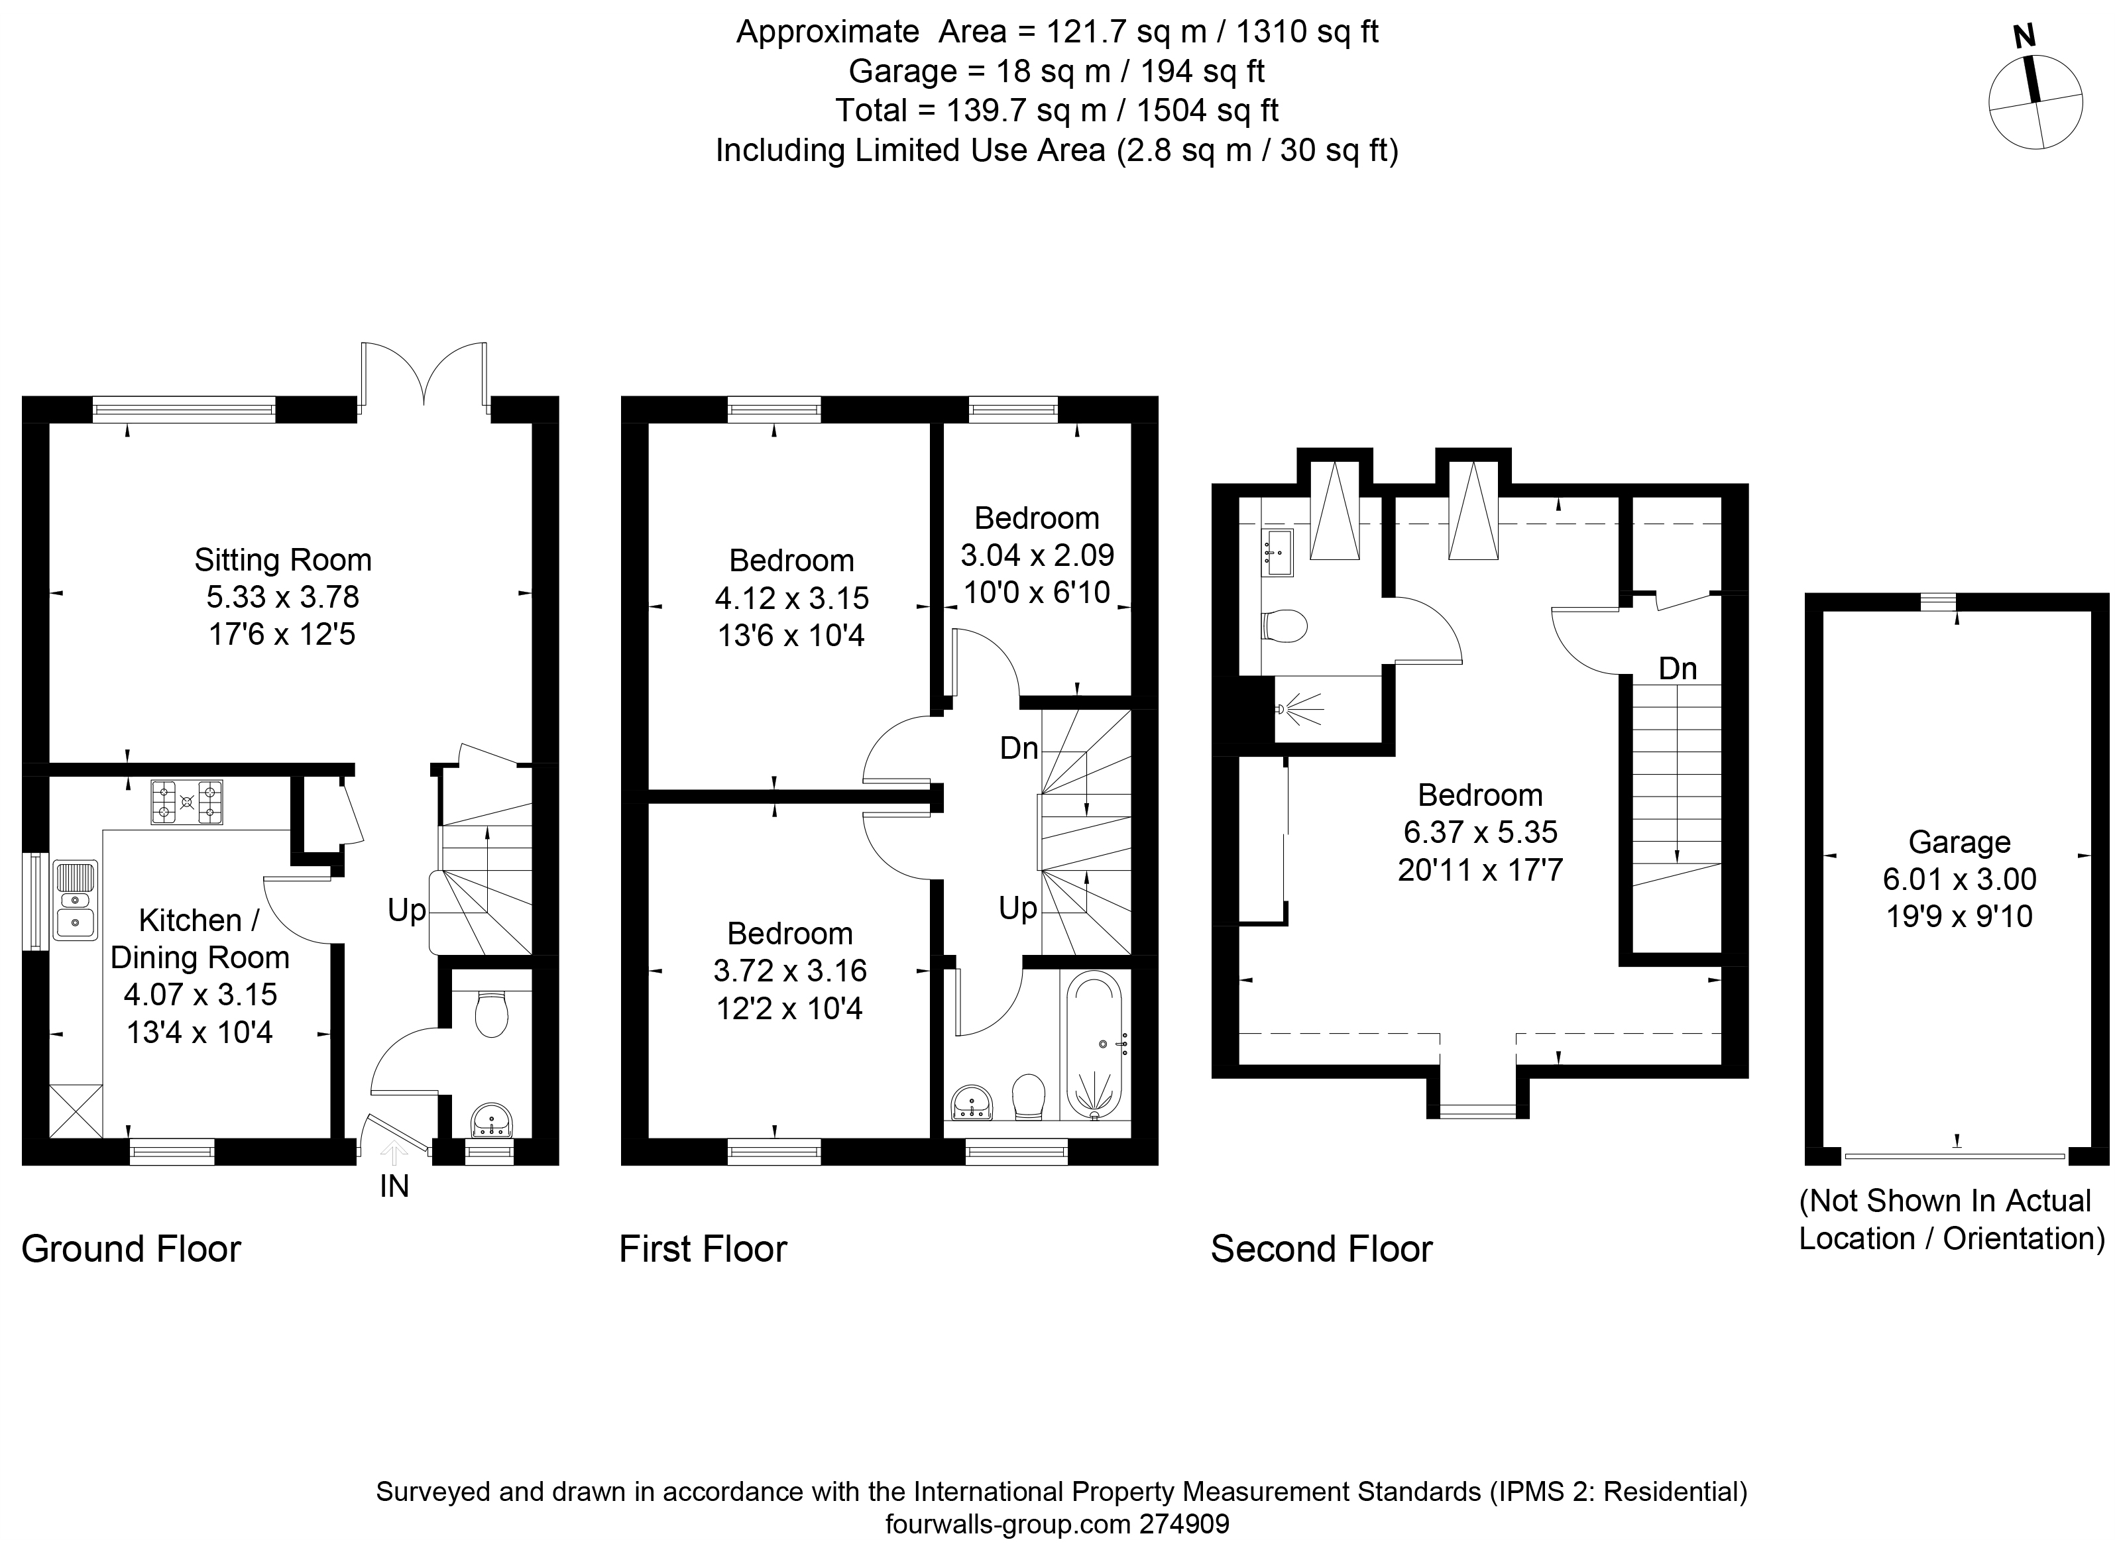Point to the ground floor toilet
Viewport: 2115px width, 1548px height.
(491, 1014)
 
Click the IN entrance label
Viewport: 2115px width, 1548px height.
(394, 1186)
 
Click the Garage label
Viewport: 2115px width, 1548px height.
(1959, 842)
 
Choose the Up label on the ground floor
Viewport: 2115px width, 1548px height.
(407, 910)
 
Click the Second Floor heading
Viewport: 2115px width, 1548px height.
(1321, 1249)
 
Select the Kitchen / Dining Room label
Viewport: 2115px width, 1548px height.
(200, 939)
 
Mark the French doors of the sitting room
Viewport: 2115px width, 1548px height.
(424, 375)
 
